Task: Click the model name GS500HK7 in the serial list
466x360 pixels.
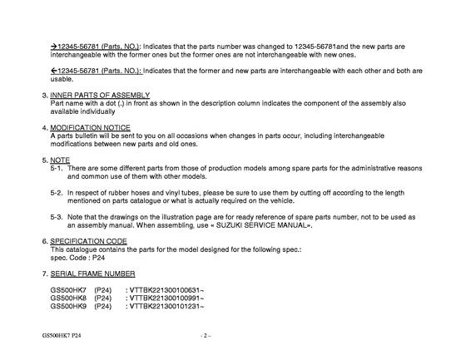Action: tap(68, 289)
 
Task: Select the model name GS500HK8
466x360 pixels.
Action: tap(68, 298)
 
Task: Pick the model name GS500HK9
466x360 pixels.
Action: tap(68, 306)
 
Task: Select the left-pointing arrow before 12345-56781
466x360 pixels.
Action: tap(53, 72)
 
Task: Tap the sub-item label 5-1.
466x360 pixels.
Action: tap(57, 168)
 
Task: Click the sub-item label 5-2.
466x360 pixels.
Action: tap(57, 191)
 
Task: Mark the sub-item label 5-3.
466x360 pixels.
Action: tap(57, 215)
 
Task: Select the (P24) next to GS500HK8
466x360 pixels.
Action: tap(103, 298)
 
